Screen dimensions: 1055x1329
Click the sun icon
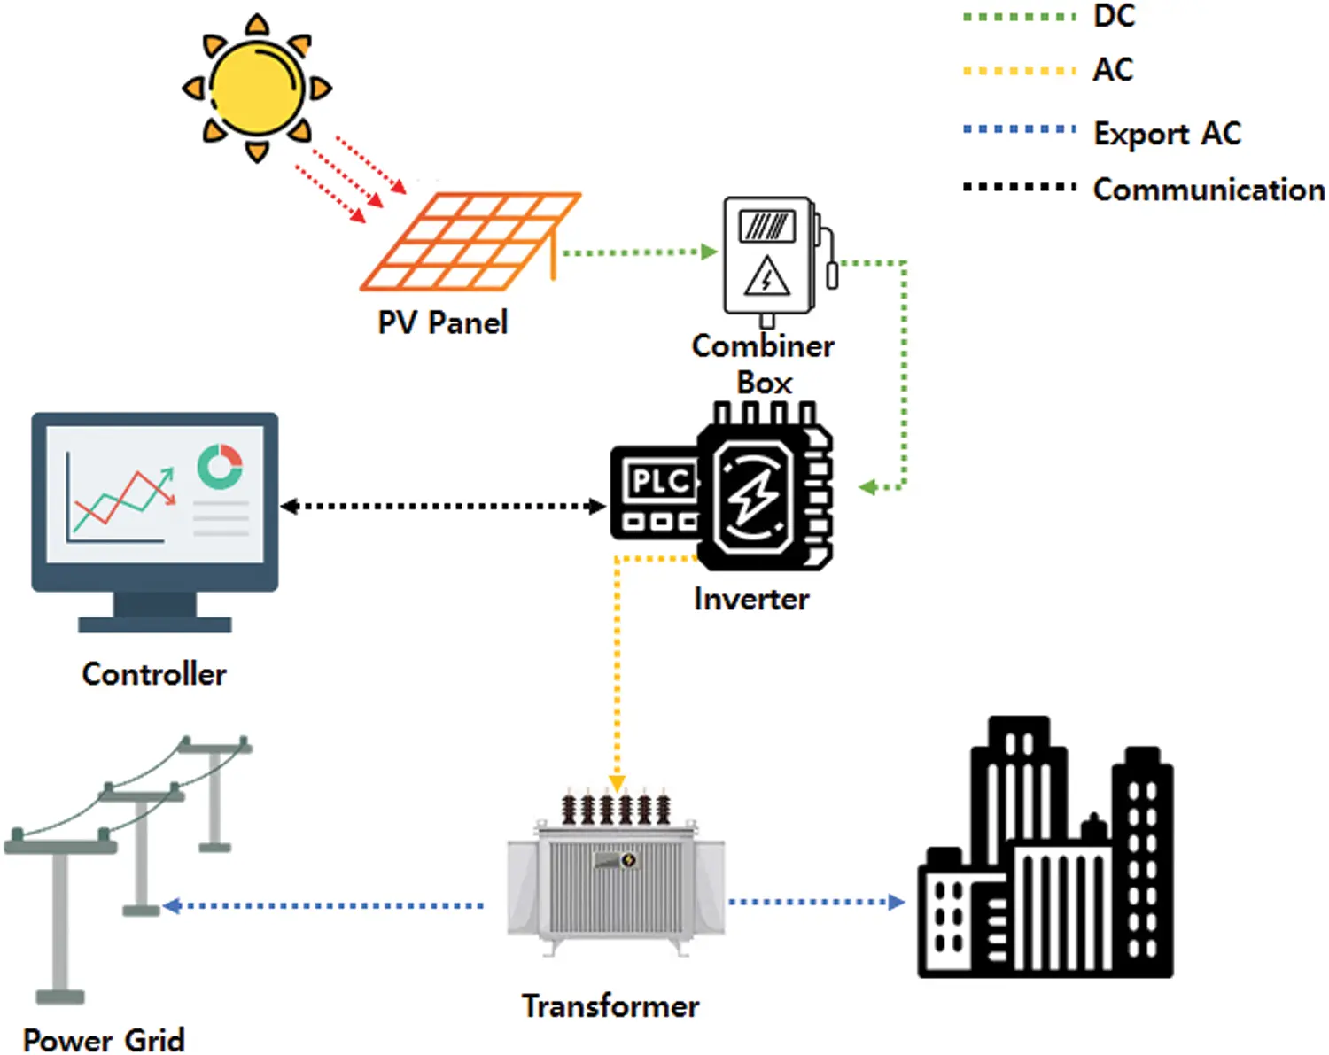point(257,88)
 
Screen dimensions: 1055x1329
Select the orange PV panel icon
point(470,241)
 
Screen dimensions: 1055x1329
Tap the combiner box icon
point(769,257)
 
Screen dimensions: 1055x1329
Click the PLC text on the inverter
point(659,482)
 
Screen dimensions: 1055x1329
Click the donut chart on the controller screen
point(220,466)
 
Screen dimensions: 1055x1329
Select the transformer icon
point(616,877)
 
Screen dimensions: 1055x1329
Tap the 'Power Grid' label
point(104,1039)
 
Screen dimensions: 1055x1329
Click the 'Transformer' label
point(610,1006)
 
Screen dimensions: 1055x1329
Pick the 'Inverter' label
point(751,600)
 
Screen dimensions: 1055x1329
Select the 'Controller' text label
point(154,674)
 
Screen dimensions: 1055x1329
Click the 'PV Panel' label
point(443,322)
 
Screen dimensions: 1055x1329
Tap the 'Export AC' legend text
point(1167,134)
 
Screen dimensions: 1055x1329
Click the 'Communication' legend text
point(1209,190)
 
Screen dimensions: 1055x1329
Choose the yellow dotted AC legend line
point(1019,71)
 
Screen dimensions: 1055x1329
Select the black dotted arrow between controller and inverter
point(443,507)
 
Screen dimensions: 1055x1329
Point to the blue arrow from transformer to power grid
point(323,905)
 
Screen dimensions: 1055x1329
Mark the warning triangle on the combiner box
point(766,277)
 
